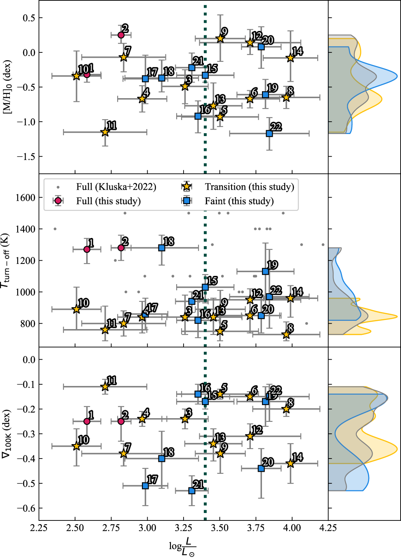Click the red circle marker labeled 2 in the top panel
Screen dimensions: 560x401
pos(121,35)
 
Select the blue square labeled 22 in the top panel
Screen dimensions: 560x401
pos(269,133)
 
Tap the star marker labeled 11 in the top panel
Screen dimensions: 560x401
pos(105,132)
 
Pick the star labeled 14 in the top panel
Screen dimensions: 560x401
pos(290,58)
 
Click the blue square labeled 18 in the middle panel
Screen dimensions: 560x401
pos(162,248)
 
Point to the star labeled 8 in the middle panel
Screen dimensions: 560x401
pos(286,334)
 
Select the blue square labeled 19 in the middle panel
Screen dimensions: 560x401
pos(265,271)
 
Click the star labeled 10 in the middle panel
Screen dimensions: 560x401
pos(76,309)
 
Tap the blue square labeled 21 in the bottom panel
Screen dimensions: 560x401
pos(192,491)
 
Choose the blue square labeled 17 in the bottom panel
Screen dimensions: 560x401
pos(145,486)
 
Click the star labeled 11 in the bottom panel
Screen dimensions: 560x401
pos(105,386)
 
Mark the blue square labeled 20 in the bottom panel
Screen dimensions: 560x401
pos(261,468)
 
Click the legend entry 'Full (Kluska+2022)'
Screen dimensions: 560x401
pos(116,187)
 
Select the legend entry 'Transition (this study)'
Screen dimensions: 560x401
pos(249,187)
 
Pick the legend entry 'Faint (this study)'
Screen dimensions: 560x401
pos(239,201)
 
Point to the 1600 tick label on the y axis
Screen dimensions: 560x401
pos(26,198)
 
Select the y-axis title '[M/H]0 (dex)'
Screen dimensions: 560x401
pos(7,87)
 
